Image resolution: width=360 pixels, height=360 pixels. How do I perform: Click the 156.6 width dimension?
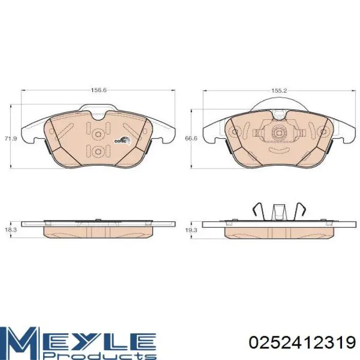[x=98, y=90]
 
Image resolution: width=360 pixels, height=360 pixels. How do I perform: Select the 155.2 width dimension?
[x=278, y=90]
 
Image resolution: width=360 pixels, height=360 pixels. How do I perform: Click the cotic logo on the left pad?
[x=121, y=139]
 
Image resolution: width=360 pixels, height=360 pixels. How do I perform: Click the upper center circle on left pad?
[x=98, y=134]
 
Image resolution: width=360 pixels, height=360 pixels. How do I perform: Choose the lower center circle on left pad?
[x=98, y=151]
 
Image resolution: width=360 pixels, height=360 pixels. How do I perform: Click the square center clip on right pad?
[x=279, y=133]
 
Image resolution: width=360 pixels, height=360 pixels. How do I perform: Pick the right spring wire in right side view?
[x=301, y=211]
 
